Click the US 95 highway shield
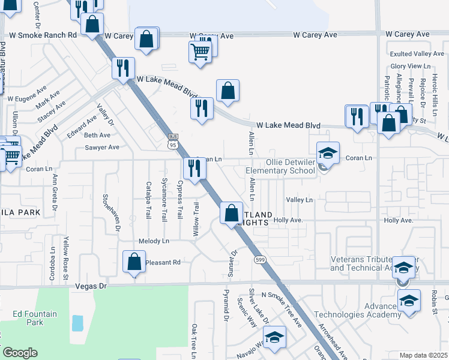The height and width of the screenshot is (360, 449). pyautogui.click(x=173, y=142)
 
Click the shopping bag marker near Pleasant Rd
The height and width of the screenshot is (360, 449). pyautogui.click(x=134, y=262)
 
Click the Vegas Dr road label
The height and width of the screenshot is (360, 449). pyautogui.click(x=91, y=287)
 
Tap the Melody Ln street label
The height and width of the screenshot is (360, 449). pyautogui.click(x=154, y=241)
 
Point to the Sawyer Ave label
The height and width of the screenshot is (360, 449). pyautogui.click(x=102, y=147)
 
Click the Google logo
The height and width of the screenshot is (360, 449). pyautogui.click(x=20, y=353)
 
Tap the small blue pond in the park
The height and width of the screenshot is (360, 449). pyautogui.click(x=77, y=323)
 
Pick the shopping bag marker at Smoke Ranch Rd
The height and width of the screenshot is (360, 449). pyautogui.click(x=92, y=25)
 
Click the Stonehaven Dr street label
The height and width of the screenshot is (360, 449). pyautogui.click(x=110, y=212)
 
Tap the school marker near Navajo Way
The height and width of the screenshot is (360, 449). pyautogui.click(x=274, y=337)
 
